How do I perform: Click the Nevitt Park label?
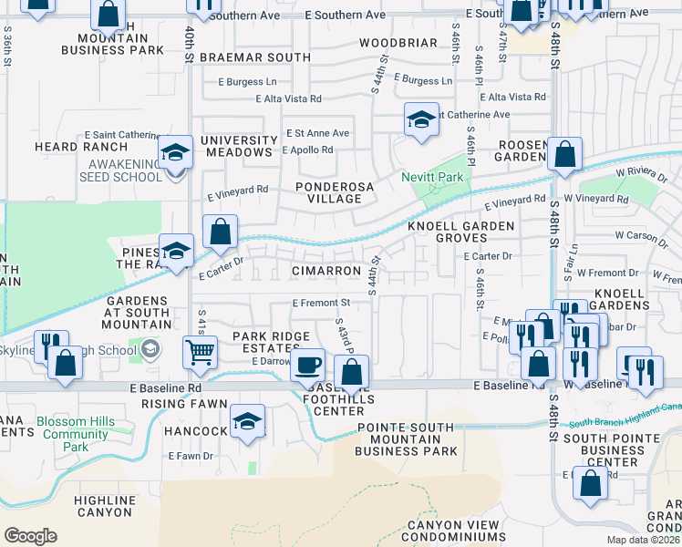tap(433, 177)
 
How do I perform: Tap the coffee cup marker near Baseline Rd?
tap(307, 366)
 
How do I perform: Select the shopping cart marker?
tap(200, 352)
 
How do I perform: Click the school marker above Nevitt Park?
tap(421, 120)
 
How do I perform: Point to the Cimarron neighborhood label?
tap(326, 272)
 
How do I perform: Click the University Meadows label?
tap(239, 146)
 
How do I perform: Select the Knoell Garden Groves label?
tap(460, 232)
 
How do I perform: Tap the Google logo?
tap(30, 535)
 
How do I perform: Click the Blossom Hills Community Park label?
tap(77, 434)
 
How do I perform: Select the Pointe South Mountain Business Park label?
tap(407, 439)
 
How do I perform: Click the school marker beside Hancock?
tap(247, 422)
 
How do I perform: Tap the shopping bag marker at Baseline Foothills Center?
tap(351, 372)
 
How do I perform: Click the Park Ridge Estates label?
tap(271, 343)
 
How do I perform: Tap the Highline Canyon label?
tap(105, 507)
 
